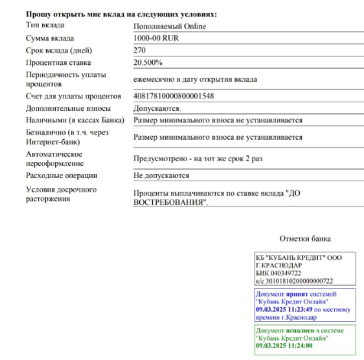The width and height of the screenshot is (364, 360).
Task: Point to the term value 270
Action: coord(140,50)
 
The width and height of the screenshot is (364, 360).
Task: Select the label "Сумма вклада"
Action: coord(50,37)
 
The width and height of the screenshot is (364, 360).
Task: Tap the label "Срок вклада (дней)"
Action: coord(59,50)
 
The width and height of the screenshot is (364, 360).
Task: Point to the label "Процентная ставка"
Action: coord(59,62)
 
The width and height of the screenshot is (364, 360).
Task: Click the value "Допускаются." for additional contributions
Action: coord(157,109)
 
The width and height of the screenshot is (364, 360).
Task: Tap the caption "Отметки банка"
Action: coord(305,238)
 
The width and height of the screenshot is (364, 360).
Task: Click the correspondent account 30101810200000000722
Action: coord(300,281)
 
